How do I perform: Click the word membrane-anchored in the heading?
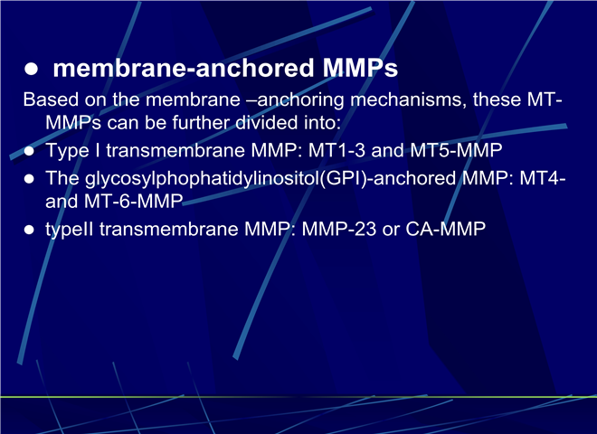pyautogui.click(x=184, y=68)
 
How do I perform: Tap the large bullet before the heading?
pyautogui.click(x=32, y=69)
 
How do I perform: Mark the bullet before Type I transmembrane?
pyautogui.click(x=29, y=151)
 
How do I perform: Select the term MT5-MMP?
pyautogui.click(x=456, y=150)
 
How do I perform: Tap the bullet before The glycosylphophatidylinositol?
pyautogui.click(x=29, y=178)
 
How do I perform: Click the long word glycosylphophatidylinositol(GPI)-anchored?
pyautogui.click(x=270, y=178)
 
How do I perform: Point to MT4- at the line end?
pyautogui.click(x=543, y=178)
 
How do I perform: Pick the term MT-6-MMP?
pyautogui.click(x=133, y=202)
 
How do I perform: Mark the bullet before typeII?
pyautogui.click(x=29, y=230)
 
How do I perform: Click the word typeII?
pyautogui.click(x=70, y=230)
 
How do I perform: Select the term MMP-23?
pyautogui.click(x=339, y=229)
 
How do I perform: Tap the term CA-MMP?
pyautogui.click(x=445, y=229)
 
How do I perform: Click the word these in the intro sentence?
pyautogui.click(x=497, y=99)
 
